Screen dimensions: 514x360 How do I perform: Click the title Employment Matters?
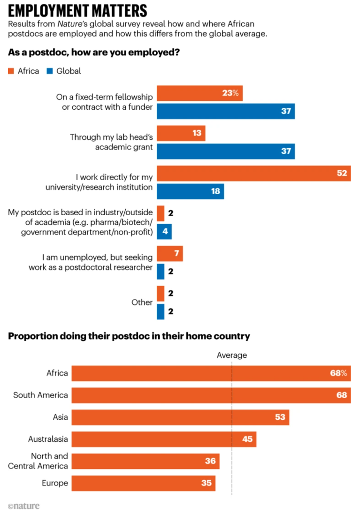(77, 10)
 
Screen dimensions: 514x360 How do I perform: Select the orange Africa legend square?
(11, 71)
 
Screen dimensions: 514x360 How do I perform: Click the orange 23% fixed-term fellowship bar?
(199, 93)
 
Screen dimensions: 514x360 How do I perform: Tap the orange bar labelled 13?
(181, 133)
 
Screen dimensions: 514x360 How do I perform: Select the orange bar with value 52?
(253, 174)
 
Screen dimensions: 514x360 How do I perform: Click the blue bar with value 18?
(190, 191)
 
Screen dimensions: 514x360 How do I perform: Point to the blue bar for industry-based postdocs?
(164, 232)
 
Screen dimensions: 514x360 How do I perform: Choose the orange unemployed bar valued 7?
(169, 254)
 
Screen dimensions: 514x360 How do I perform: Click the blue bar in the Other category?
(161, 312)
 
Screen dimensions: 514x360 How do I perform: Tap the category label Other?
(142, 302)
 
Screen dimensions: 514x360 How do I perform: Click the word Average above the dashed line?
(231, 355)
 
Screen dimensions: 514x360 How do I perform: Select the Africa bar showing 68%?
(211, 373)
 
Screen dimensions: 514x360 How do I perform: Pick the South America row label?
(40, 395)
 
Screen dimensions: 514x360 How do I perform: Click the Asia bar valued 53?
(180, 417)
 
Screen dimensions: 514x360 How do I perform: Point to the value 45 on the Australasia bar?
(247, 439)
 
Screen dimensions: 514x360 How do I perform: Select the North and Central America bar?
(146, 461)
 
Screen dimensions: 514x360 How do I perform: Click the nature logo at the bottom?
(23, 506)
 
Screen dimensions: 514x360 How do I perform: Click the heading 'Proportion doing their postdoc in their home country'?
(129, 336)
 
